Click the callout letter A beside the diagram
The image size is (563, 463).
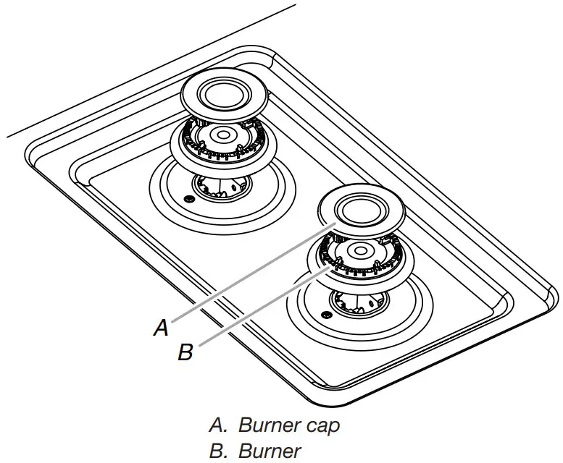tap(162, 328)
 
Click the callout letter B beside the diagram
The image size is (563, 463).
tap(186, 353)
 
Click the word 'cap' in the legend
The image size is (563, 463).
tap(322, 425)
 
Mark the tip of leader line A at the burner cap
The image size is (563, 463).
tap(333, 226)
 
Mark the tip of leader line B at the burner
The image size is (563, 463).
tap(332, 267)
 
